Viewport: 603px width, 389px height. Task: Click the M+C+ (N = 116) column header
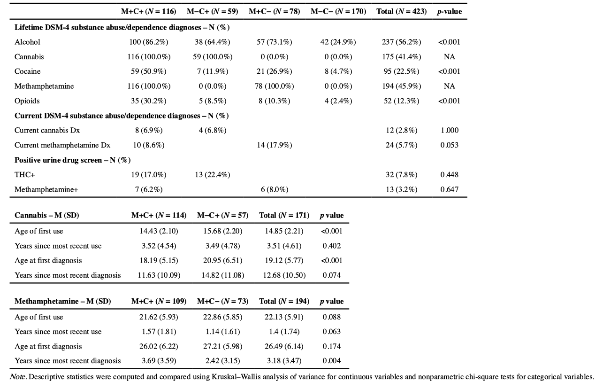pos(149,12)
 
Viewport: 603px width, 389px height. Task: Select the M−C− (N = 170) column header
pos(338,12)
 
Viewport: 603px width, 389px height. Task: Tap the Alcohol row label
pos(24,42)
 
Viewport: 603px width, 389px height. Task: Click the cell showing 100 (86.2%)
pos(149,42)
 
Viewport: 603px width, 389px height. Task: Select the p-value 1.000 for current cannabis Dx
pos(449,130)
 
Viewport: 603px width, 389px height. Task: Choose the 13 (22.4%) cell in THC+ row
pos(213,175)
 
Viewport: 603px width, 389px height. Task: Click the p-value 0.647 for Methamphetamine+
pos(449,189)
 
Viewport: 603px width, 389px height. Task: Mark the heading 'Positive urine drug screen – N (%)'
pos(72,160)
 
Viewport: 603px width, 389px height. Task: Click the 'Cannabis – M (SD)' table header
pos(47,216)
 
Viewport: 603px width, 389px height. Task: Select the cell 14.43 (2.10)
pos(159,231)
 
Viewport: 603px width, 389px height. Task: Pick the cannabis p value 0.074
pos(332,275)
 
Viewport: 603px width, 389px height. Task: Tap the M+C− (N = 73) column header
pos(223,302)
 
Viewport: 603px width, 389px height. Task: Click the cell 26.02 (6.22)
pos(159,346)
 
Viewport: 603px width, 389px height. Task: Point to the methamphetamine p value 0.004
pos(332,361)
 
